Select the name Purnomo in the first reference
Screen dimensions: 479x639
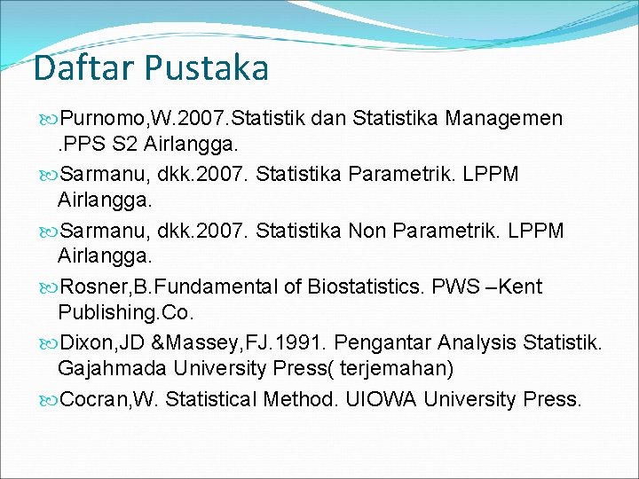95,118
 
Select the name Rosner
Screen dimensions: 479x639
91,287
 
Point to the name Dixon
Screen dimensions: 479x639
86,343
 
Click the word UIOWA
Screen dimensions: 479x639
379,399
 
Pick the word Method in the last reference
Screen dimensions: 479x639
300,399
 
